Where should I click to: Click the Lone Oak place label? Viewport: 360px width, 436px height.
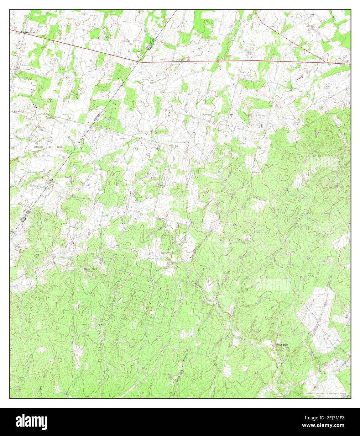click(x=32, y=33)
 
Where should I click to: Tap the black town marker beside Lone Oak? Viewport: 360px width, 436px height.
click(x=26, y=33)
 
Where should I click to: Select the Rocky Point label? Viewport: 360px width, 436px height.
click(x=91, y=269)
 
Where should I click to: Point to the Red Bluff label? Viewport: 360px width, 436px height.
click(x=282, y=345)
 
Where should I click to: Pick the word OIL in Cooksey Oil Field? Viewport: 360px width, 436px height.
click(x=51, y=147)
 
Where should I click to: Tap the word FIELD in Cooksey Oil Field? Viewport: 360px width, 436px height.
click(x=60, y=147)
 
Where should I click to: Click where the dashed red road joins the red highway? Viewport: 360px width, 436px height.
click(x=332, y=63)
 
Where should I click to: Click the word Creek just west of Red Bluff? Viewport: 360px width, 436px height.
click(x=240, y=338)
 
